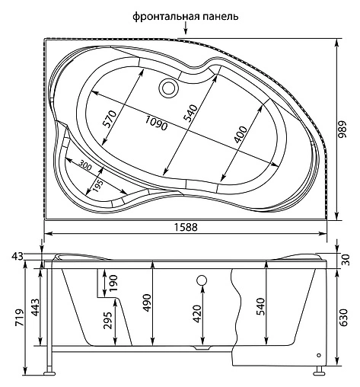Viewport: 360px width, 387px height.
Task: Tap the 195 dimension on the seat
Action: (x=97, y=185)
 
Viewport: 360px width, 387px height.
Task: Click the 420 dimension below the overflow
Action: (x=197, y=313)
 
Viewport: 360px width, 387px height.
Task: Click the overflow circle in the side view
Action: (x=202, y=280)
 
